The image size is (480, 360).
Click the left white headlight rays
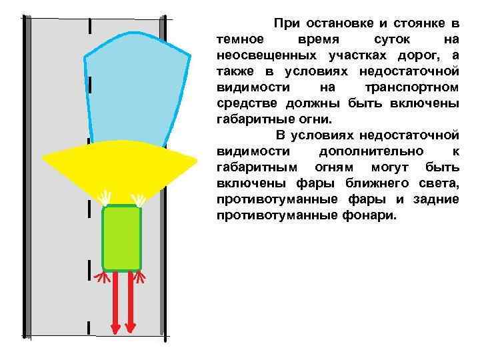105,198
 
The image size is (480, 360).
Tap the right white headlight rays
139,198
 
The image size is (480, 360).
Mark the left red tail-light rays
102,277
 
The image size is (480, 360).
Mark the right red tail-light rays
140,277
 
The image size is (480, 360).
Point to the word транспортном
412,87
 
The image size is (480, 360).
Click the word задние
436,200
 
